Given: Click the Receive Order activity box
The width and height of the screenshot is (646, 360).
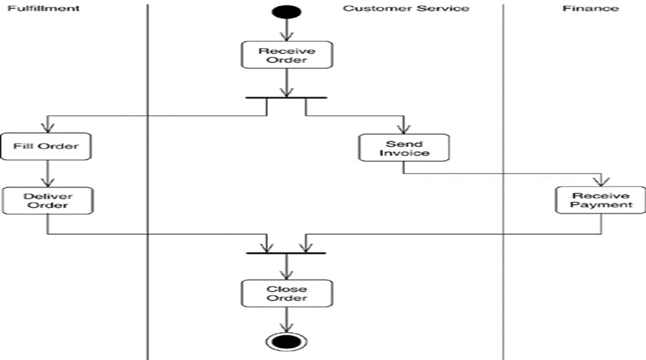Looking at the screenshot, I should [x=286, y=55].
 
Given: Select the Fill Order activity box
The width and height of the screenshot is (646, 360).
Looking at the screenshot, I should [x=46, y=146].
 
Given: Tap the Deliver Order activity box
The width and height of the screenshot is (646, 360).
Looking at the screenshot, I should [x=47, y=200].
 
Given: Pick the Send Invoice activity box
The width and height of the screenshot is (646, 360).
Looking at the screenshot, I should [x=404, y=147].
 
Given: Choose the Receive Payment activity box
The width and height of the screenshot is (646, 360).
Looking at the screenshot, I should [x=601, y=200].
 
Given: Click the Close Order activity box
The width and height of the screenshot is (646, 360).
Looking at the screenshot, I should [x=286, y=293].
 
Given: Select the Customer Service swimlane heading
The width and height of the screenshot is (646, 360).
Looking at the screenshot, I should [x=406, y=9].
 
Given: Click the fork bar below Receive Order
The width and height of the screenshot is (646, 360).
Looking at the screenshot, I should [x=286, y=98].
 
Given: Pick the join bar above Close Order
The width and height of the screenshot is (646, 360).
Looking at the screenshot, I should [x=286, y=253].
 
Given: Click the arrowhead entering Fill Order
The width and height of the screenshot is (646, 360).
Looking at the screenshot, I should [x=47, y=127].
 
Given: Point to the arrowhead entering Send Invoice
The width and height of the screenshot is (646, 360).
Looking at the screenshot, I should [x=404, y=128].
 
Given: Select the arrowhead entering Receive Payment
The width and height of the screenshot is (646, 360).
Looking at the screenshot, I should [x=601, y=180].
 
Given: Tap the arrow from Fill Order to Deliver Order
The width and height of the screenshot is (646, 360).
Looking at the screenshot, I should [x=47, y=173].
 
